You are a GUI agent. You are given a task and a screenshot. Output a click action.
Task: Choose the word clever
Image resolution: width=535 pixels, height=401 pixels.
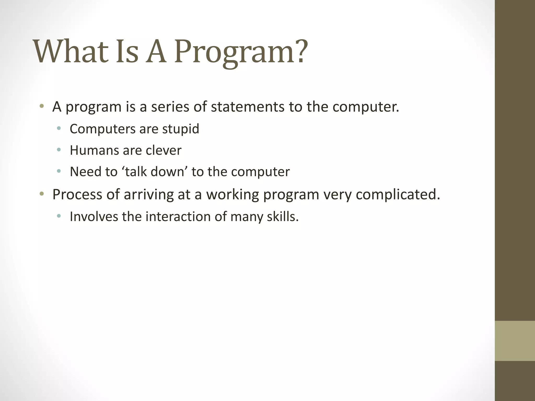[x=164, y=150]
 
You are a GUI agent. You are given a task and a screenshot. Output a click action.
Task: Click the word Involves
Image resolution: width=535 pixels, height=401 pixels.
[x=94, y=217]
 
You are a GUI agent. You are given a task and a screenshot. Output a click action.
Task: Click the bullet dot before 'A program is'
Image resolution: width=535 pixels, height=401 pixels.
[x=42, y=106]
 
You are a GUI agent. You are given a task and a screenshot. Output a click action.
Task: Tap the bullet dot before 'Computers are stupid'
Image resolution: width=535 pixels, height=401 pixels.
[x=59, y=128]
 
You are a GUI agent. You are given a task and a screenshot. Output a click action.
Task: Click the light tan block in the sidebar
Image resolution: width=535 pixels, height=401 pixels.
[x=515, y=341]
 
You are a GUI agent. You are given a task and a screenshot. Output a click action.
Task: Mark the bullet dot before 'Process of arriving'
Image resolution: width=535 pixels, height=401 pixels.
[x=42, y=194]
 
